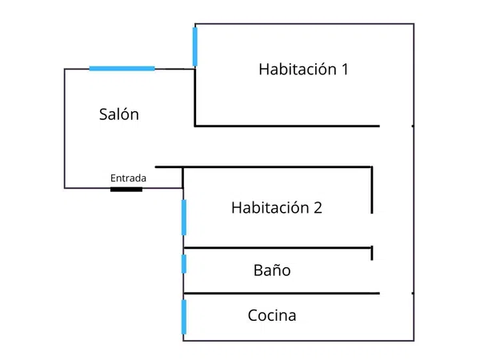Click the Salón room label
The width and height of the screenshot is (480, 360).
click(119, 114)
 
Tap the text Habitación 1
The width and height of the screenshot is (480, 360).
click(303, 69)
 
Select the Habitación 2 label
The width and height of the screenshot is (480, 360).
click(277, 207)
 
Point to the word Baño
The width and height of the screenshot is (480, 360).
click(272, 270)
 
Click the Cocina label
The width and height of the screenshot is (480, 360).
click(272, 315)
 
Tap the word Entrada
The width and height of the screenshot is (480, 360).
click(128, 178)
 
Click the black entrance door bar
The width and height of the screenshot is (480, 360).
click(126, 190)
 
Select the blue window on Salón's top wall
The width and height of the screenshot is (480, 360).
click(122, 69)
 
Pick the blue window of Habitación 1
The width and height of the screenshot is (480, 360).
click(195, 46)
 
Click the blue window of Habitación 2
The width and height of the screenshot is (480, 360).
click(184, 218)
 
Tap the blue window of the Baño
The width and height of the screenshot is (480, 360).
click(184, 264)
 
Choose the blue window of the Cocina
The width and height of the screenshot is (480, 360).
click(184, 317)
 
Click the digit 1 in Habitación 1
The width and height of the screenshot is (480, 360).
click(345, 70)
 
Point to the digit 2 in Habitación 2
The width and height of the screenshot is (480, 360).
click(318, 208)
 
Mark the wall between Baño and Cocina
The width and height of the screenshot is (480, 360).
click(282, 294)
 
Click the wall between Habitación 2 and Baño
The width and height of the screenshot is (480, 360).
click(278, 248)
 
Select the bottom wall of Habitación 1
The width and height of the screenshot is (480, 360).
click(287, 126)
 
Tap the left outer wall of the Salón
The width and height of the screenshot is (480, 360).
click(65, 129)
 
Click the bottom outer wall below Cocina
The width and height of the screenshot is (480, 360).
click(298, 341)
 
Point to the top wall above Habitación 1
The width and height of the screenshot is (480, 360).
click(305, 23)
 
